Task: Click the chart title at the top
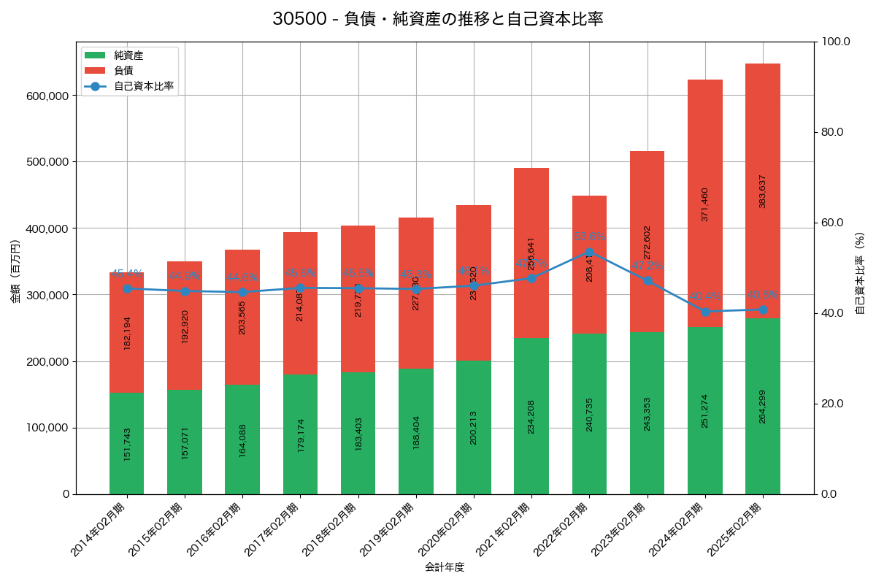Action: (437, 19)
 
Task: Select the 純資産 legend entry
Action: (128, 55)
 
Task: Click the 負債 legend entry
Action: (123, 71)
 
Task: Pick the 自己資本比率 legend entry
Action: (143, 86)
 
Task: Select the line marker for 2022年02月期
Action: (589, 252)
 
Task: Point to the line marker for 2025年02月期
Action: (763, 310)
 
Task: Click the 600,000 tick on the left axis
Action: (47, 96)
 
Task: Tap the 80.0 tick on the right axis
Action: (831, 132)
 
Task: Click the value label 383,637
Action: (763, 191)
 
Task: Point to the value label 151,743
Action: (127, 444)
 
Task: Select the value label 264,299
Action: (763, 407)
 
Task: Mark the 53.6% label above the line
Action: (589, 237)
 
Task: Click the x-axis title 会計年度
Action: (445, 566)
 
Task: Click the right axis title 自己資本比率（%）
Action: (860, 273)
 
